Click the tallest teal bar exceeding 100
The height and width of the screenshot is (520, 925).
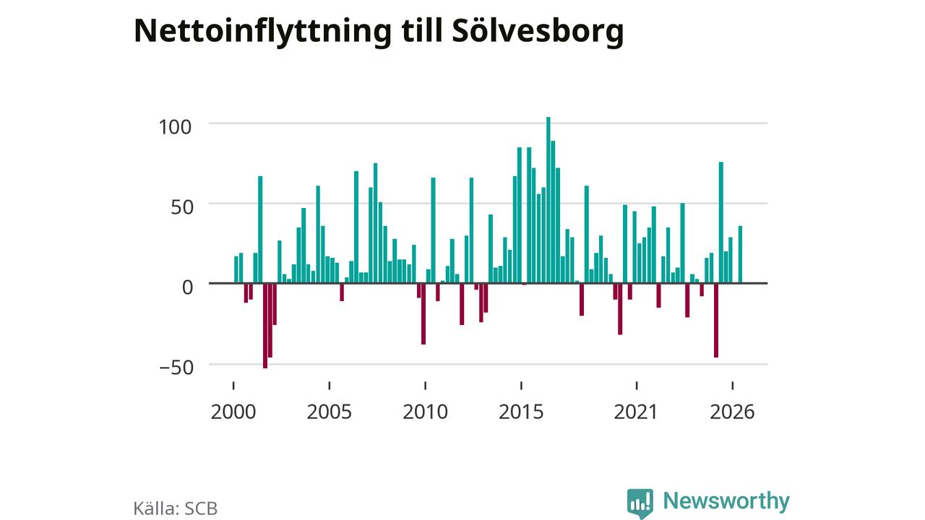pos(548,200)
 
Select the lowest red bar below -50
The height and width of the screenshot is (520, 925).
pos(265,326)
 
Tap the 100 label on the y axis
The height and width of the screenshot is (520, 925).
pos(175,127)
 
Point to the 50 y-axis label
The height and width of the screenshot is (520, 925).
pos(181,207)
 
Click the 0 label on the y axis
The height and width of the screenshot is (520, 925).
pos(187,287)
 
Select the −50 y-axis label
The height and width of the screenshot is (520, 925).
pos(176,368)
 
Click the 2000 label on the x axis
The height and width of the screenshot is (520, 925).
pos(233,412)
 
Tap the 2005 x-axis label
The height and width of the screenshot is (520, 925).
pos(329,412)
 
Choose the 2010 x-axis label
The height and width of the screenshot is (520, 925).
pos(426,412)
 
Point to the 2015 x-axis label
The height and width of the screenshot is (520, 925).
pos(521,412)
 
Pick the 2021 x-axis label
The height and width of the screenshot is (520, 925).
pos(636,412)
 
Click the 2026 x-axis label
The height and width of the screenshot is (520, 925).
pos(732,412)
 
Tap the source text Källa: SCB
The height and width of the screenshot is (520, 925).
pos(176,508)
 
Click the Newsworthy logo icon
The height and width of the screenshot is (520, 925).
pos(640,503)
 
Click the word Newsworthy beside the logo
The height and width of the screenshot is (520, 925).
pos(726,501)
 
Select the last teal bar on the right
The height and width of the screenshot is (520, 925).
pos(740,255)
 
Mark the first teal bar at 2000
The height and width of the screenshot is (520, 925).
pos(236,270)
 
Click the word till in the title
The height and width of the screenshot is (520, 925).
pos(421,31)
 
